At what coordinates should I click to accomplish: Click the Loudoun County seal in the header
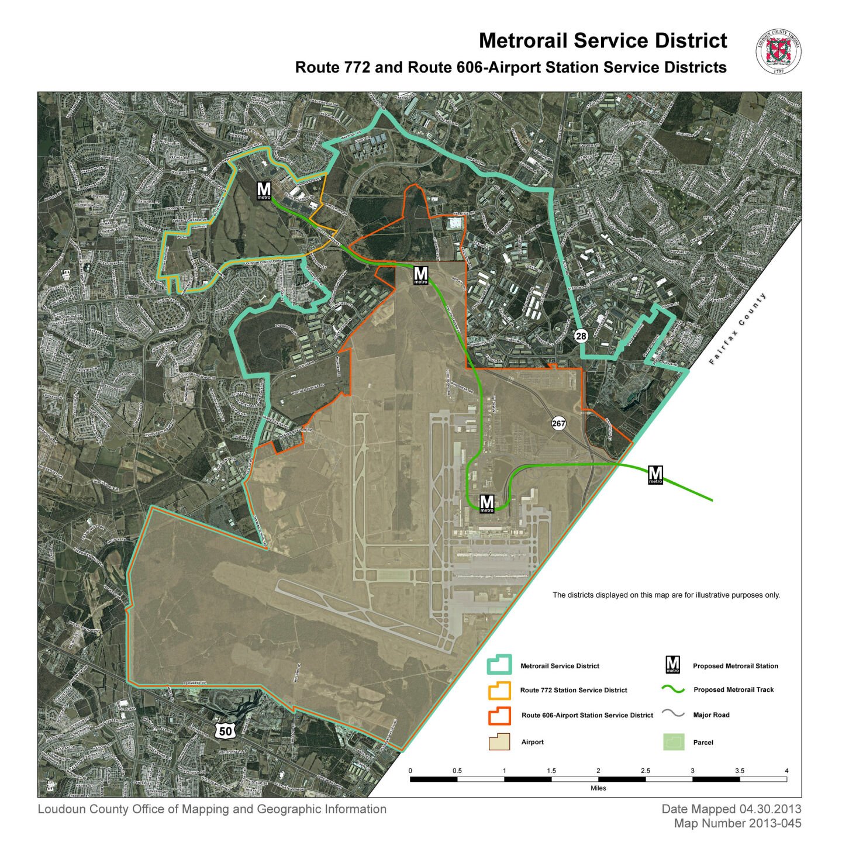pos(778,52)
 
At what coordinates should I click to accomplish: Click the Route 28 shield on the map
pos(581,336)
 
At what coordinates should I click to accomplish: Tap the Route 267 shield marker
pos(559,423)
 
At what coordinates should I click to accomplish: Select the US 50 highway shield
pos(226,729)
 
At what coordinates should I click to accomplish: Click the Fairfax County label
pos(737,329)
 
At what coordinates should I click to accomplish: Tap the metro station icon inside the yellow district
pos(264,190)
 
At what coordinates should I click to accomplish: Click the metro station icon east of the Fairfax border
pos(655,474)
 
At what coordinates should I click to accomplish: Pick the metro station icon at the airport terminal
pos(486,503)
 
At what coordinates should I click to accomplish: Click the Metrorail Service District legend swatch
pos(499,665)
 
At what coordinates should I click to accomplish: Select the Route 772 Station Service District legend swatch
pos(499,690)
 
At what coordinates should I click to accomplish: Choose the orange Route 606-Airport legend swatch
pos(499,715)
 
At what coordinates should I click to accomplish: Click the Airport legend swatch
pos(499,742)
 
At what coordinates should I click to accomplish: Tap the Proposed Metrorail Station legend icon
pos(673,665)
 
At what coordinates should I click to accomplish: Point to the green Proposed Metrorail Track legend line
pos(673,690)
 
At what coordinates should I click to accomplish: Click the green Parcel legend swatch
pos(673,742)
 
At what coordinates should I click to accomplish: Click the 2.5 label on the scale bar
pos(645,771)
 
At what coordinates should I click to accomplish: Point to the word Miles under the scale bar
pos(598,788)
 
